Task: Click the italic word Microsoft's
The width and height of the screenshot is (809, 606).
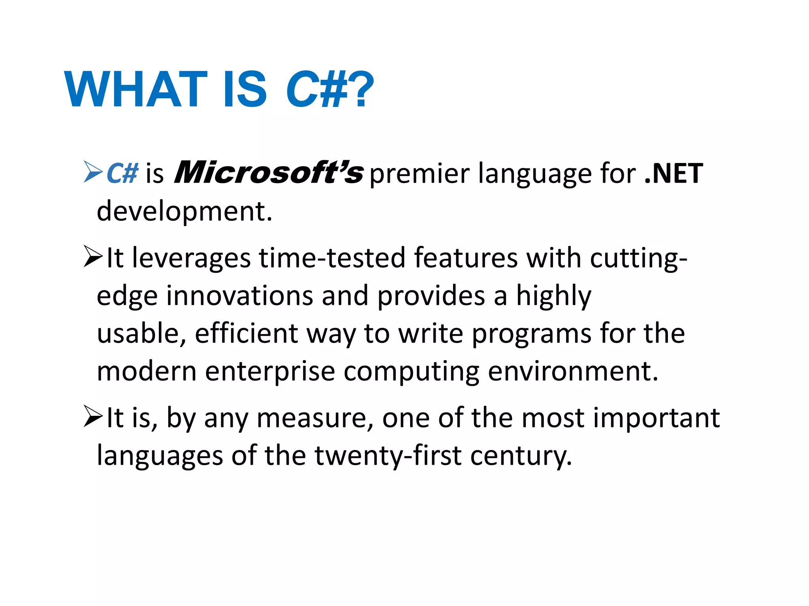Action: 269,173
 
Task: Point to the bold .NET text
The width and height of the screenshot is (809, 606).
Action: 674,174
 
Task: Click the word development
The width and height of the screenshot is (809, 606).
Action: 184,211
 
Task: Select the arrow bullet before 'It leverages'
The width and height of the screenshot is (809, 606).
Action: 93,257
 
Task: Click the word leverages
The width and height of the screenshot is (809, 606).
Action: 191,258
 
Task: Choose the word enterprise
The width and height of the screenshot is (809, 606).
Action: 270,372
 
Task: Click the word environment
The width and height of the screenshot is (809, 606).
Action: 573,372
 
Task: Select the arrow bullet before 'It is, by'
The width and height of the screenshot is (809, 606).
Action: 93,417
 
